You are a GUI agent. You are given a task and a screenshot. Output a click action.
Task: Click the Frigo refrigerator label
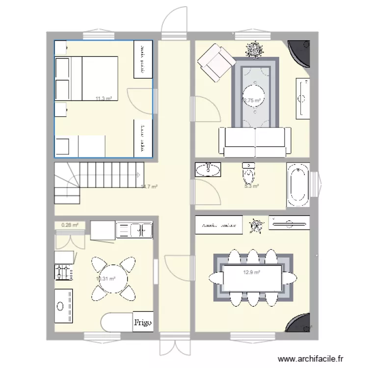143,323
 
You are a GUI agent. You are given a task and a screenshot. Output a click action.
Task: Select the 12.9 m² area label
252,271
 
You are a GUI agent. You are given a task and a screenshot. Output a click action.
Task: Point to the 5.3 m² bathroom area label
252,186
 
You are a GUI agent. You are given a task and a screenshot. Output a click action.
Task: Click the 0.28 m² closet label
70,225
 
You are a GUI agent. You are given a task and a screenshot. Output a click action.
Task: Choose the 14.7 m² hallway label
149,186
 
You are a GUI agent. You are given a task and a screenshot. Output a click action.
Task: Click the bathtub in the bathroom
298,185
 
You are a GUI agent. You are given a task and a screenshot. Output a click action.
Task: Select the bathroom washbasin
208,170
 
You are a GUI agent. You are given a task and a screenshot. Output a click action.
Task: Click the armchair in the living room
216,61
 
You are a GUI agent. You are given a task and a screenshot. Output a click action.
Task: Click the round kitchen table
113,279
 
